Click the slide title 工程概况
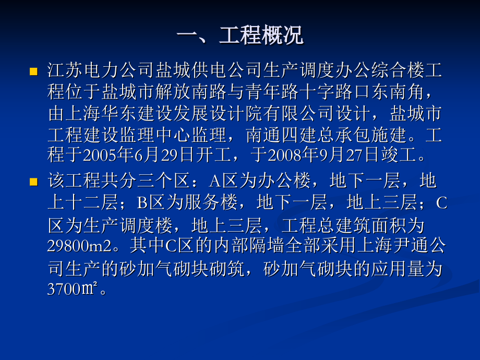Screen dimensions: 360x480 240,36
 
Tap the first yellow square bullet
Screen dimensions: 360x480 34,70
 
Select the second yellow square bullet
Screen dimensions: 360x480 34,182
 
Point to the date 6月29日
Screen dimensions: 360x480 165,155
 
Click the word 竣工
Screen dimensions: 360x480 398,155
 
